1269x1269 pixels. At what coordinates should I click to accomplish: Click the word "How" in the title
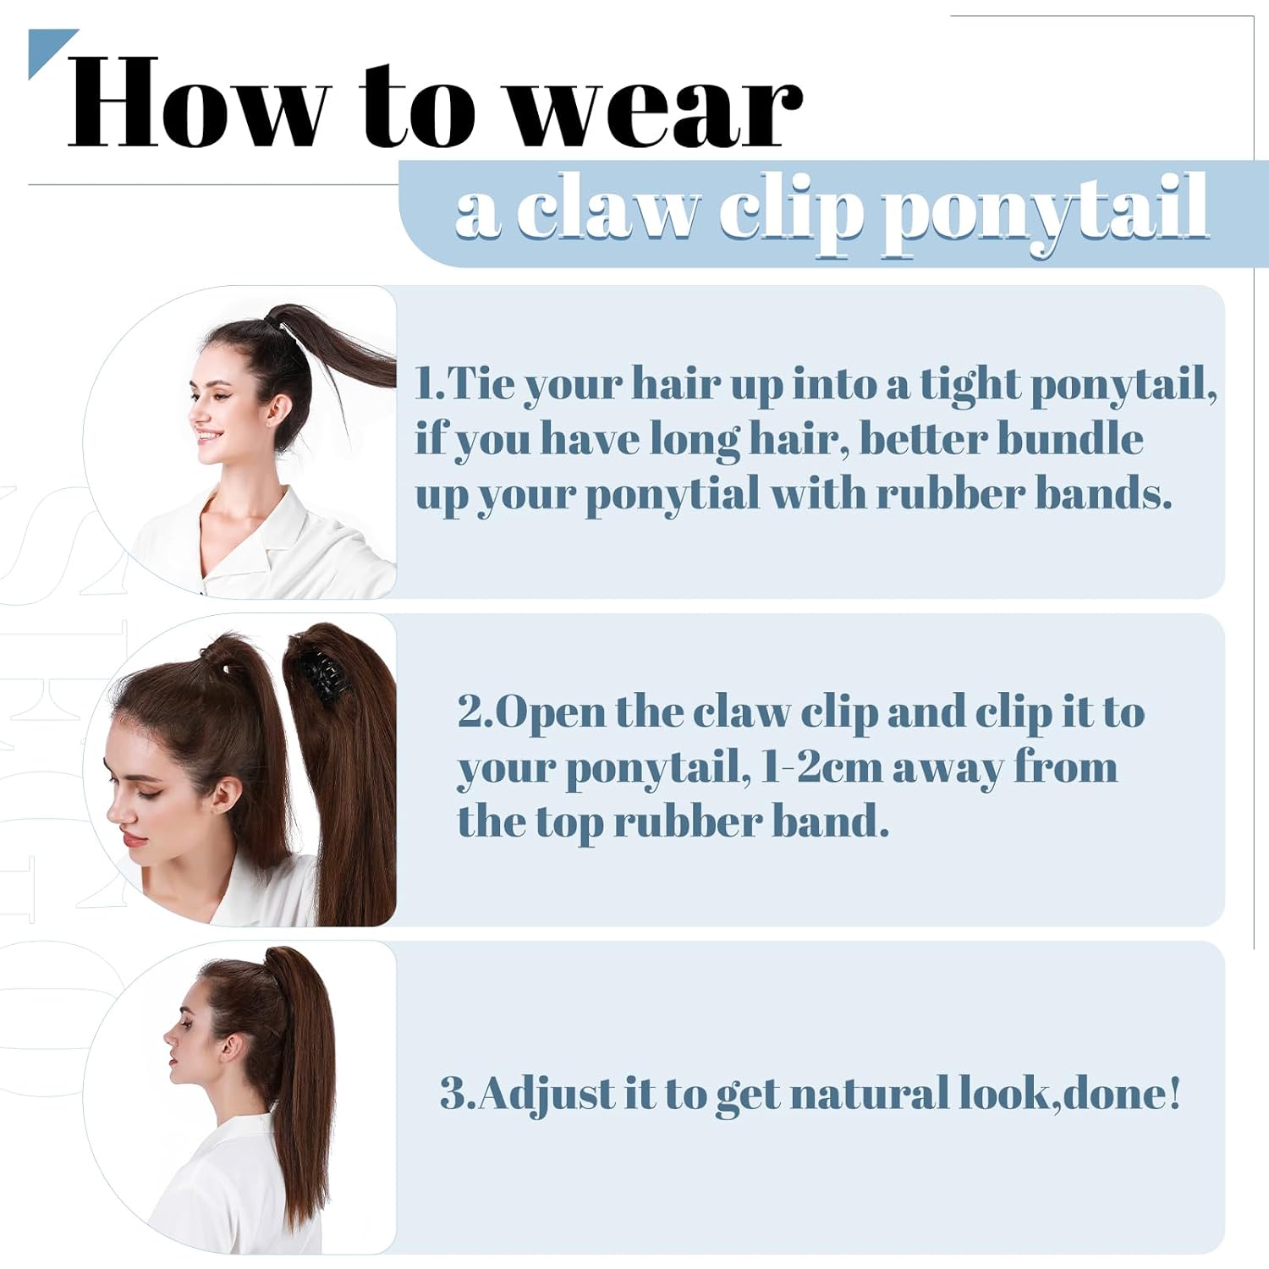point(197,102)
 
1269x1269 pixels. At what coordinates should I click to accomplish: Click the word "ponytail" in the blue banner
point(1045,215)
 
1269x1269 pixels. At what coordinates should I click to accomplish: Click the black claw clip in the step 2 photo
point(322,673)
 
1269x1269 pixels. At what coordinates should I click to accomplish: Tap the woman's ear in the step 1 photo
point(278,411)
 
